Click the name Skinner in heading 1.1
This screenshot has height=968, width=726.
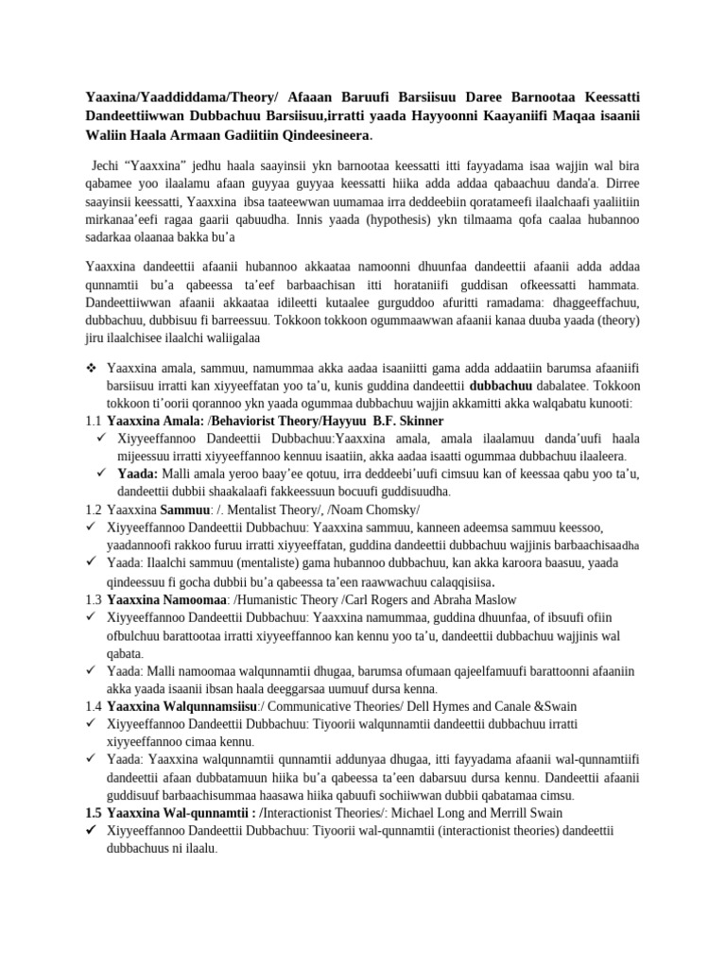coord(419,420)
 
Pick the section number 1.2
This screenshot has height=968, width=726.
coord(93,509)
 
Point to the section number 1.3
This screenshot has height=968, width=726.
coord(93,599)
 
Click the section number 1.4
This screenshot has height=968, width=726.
coord(93,706)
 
